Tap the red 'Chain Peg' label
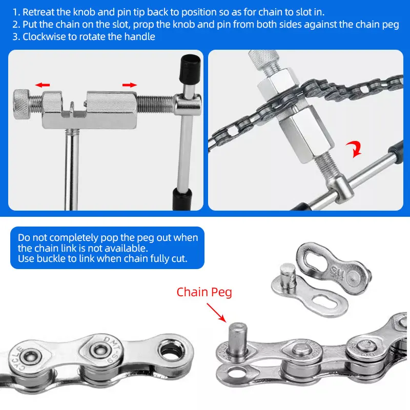coord(204,292)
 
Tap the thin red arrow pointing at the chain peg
coord(216,312)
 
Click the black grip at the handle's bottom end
coord(182,197)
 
